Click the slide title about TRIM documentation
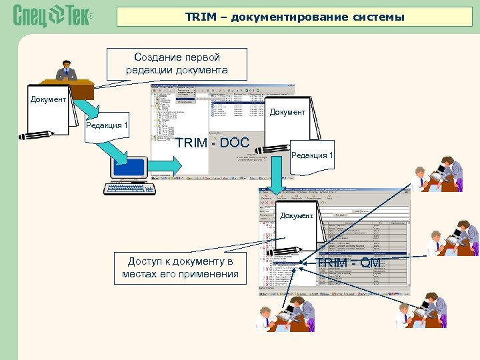pyautogui.click(x=295, y=17)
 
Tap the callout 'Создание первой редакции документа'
pyautogui.click(x=177, y=64)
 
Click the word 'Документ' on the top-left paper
pyautogui.click(x=48, y=99)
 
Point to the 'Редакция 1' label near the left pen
pyautogui.click(x=107, y=125)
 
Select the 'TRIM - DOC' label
pyautogui.click(x=213, y=143)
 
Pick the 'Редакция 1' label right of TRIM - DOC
pyautogui.click(x=312, y=155)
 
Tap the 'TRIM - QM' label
pyautogui.click(x=349, y=263)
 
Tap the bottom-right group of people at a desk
pyautogui.click(x=427, y=309)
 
